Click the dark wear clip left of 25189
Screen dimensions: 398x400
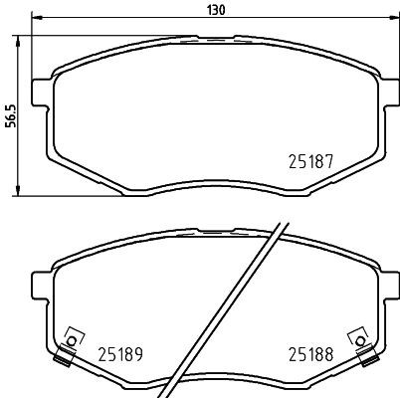(x=68, y=349)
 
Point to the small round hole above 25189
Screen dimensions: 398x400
(x=70, y=334)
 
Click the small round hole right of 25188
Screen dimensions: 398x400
(x=355, y=335)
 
